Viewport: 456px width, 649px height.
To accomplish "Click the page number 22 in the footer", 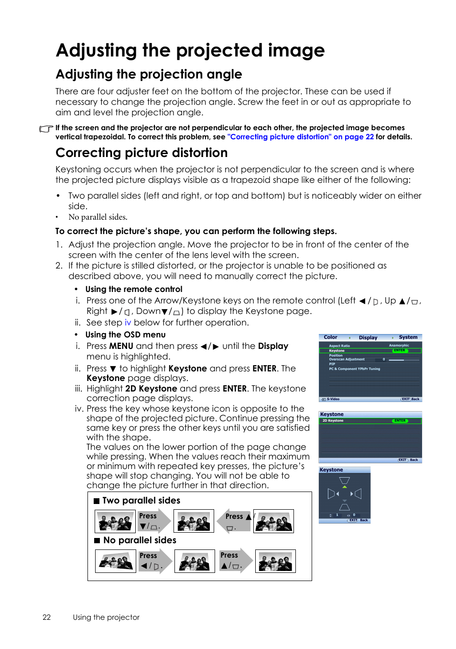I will (x=46, y=617).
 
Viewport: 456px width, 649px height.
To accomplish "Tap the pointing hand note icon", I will (x=46, y=129).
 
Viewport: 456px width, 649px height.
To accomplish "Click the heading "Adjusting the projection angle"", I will (x=149, y=74).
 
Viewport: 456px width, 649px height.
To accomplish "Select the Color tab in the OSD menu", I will (x=330, y=337).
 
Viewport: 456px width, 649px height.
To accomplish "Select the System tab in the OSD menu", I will (x=408, y=337).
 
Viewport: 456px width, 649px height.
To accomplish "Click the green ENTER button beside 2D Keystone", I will (x=400, y=421).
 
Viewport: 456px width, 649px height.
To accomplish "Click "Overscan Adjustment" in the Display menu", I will (x=347, y=359).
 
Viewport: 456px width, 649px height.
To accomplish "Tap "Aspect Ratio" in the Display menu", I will (x=339, y=346).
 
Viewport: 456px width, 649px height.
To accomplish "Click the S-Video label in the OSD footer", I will (x=333, y=399).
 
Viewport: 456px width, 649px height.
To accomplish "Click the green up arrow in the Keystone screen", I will (x=345, y=487).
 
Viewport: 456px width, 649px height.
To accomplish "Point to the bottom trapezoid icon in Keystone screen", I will (x=345, y=507).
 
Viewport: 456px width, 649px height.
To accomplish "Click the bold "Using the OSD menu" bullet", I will (x=125, y=335).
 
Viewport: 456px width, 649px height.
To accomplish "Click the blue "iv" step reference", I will (x=128, y=323).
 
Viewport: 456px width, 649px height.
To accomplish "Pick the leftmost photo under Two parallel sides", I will (x=115, y=521).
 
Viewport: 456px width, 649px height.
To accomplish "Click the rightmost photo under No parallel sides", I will (x=275, y=561).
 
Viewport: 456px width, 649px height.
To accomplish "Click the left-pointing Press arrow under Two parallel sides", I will (x=234, y=521).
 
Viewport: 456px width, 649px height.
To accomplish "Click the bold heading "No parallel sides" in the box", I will (x=140, y=540).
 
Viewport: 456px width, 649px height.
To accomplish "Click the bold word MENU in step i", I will (x=121, y=346).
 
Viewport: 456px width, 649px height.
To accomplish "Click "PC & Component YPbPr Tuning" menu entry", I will (x=354, y=369).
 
